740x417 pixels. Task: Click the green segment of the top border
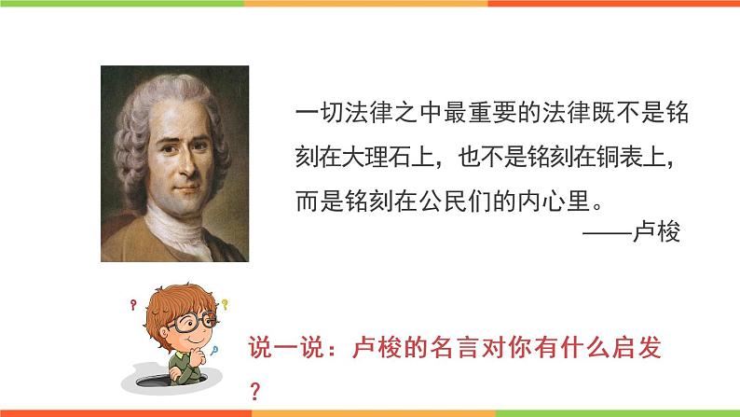point(121,3)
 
